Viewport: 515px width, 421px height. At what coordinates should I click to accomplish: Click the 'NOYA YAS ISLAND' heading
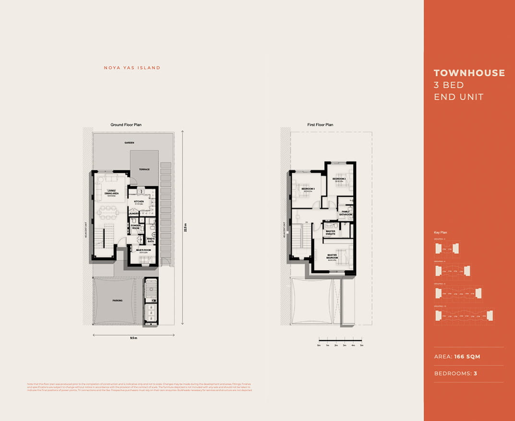click(132, 68)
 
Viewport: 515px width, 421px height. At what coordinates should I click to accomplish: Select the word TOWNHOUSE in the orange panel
click(469, 73)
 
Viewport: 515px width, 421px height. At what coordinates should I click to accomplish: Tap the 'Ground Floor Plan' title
click(126, 125)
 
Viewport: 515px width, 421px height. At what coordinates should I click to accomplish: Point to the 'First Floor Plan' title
click(320, 125)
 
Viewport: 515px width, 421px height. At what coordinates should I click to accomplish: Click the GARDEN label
click(129, 143)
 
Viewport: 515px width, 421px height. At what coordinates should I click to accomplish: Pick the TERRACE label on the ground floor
click(144, 169)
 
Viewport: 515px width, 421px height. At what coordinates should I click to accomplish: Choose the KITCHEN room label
click(139, 202)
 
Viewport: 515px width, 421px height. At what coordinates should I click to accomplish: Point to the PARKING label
click(117, 301)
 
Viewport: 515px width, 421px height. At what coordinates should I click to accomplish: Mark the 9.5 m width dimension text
click(133, 338)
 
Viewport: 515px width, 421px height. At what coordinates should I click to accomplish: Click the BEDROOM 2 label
click(339, 179)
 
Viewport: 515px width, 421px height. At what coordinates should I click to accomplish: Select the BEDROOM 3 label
click(308, 189)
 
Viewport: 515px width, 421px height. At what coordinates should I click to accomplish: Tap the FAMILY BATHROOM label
click(346, 213)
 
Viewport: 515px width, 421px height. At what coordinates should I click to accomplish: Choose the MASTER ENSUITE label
click(330, 232)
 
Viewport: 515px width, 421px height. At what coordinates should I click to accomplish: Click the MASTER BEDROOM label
click(332, 256)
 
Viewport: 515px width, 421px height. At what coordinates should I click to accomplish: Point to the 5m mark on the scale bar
click(362, 345)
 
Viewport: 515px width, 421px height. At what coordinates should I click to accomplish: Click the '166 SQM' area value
click(467, 357)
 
